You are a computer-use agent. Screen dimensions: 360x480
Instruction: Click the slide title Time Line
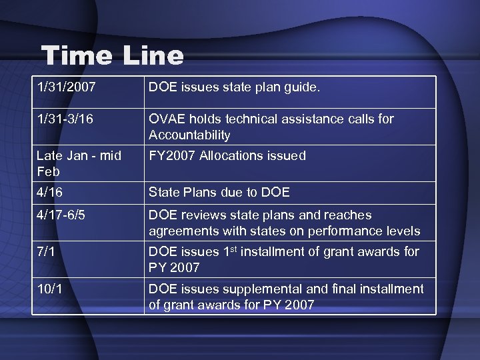tap(112, 56)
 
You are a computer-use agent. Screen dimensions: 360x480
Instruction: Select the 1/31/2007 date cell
tap(66, 87)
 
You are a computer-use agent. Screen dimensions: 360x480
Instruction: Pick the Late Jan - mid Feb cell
tap(79, 163)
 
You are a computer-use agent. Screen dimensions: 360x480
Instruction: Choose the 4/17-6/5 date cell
tap(61, 215)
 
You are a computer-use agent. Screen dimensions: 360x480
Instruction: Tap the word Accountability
tap(189, 135)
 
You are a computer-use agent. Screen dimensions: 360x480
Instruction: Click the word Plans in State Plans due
tap(203, 193)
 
